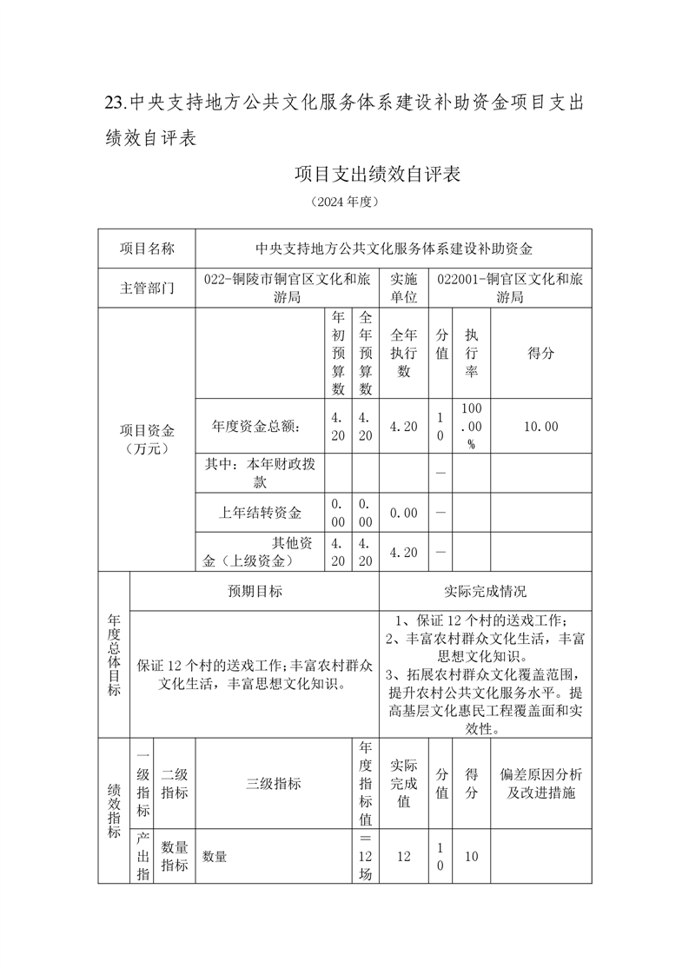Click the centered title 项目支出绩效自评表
pos(376,174)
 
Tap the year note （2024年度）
pos(345,202)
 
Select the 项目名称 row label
pos(147,249)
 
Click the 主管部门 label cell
pos(147,289)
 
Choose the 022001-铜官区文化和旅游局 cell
pos(510,289)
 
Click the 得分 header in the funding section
pos(541,354)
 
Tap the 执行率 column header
pos(472,354)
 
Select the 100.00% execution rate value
pos(472,426)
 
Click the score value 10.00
pos(541,426)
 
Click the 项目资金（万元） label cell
pos(147,440)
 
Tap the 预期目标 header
pos(255,591)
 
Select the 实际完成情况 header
pos(485,591)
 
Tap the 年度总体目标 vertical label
pos(114,655)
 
